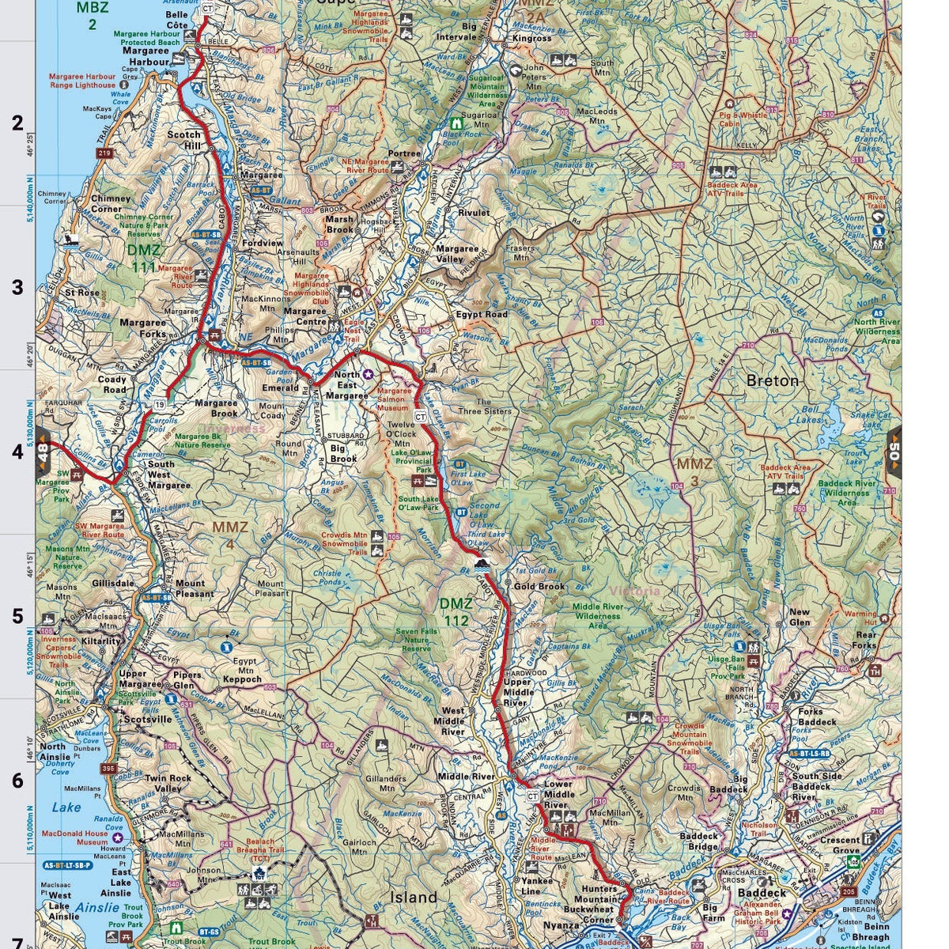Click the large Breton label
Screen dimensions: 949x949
(x=773, y=380)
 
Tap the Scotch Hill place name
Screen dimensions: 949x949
(x=184, y=140)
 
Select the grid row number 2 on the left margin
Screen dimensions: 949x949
(x=17, y=124)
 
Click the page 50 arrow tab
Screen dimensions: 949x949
(x=894, y=452)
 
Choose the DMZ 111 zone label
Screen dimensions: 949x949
(x=144, y=259)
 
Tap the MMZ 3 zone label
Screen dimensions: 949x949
(x=694, y=470)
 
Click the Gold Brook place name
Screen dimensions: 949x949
(x=539, y=587)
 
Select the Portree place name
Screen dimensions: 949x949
(x=404, y=153)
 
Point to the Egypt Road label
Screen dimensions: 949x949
(x=482, y=314)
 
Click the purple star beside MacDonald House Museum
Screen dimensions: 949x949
(x=118, y=837)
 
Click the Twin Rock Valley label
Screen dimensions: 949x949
(x=168, y=783)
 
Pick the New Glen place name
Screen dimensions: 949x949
(x=800, y=617)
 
